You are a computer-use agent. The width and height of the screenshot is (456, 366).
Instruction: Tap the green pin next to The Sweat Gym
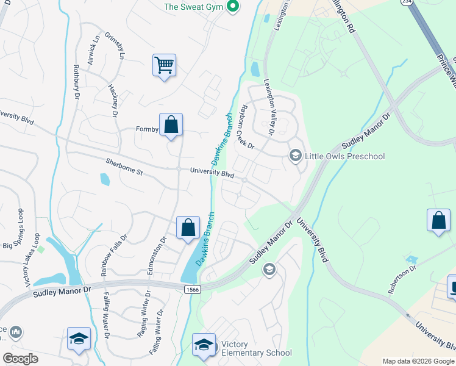[x=232, y=7]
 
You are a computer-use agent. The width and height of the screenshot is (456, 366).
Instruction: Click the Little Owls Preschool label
[x=345, y=157]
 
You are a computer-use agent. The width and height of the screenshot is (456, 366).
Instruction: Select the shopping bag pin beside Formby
[x=171, y=125]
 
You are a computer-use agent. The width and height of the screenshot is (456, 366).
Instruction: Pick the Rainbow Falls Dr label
[x=114, y=255]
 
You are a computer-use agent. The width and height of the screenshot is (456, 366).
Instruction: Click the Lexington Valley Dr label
[x=269, y=107]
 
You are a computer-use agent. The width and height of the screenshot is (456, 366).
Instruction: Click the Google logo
[x=20, y=359]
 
